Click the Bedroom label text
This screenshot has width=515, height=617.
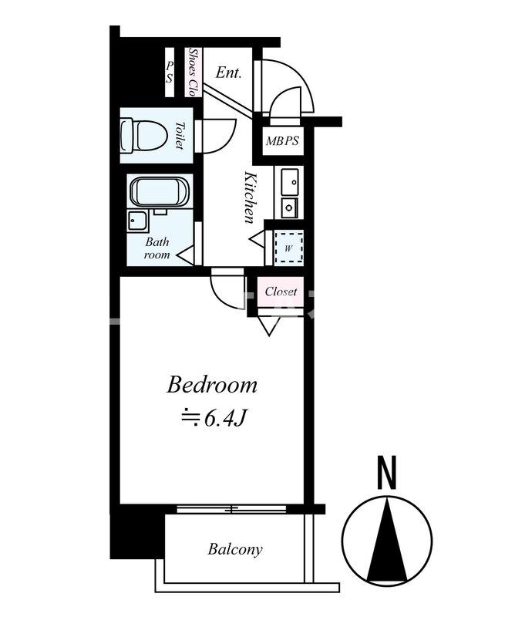coord(212,385)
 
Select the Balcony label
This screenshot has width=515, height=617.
coord(235,549)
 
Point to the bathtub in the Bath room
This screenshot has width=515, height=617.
coord(160,191)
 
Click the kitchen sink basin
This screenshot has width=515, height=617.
coord(291,182)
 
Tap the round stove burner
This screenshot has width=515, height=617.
coord(290,207)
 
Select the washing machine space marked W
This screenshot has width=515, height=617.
coord(289,248)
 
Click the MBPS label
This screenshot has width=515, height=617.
coord(282,140)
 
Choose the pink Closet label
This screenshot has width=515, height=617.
coord(281,292)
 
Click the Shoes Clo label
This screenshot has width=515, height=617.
coord(194,72)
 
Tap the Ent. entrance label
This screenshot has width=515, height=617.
coord(228,72)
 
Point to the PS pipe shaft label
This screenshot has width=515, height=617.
coord(169,72)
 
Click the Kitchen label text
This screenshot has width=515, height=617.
coord(250,197)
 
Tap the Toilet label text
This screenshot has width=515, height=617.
coord(180,136)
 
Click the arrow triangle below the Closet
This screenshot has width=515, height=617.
coord(270,325)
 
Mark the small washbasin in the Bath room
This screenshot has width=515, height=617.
coord(137,221)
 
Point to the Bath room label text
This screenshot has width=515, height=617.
coord(157,248)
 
